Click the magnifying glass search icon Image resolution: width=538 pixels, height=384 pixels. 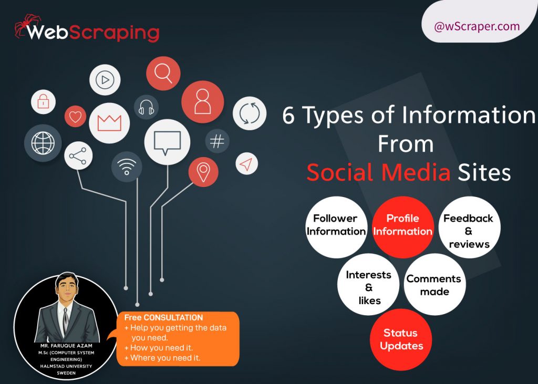163,74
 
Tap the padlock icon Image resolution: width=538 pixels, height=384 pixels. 43,102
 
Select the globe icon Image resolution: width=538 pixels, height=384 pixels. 43,143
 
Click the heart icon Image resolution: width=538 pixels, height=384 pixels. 75,117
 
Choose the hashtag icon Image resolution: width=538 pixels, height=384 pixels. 217,141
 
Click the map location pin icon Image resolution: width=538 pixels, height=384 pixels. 203,171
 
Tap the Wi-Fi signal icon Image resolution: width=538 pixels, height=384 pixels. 127,167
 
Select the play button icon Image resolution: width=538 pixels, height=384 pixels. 105,80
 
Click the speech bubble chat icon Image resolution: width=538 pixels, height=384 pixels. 167,141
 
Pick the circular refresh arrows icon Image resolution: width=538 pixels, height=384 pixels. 250,113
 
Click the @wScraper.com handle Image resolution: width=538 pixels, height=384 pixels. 477,26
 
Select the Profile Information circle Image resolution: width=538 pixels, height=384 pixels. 403,225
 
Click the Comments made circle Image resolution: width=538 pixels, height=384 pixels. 434,285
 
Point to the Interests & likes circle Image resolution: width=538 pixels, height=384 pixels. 369,287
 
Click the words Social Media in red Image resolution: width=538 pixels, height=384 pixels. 378,172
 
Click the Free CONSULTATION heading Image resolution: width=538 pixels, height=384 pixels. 163,318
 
